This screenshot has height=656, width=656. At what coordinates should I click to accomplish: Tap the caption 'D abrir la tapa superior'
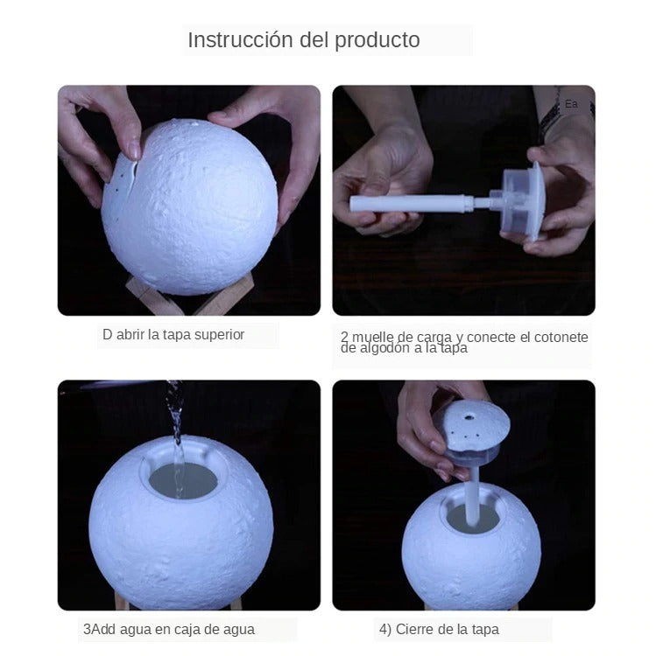[x=173, y=335]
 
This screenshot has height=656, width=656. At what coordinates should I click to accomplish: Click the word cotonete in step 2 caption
[x=559, y=338]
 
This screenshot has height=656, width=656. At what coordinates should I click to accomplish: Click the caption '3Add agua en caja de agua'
[x=169, y=629]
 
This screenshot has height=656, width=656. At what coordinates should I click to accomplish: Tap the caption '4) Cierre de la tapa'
[x=439, y=629]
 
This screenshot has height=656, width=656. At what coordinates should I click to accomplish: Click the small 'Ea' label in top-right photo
[x=572, y=104]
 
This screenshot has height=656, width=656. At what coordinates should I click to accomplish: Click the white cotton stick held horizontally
[x=412, y=204]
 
